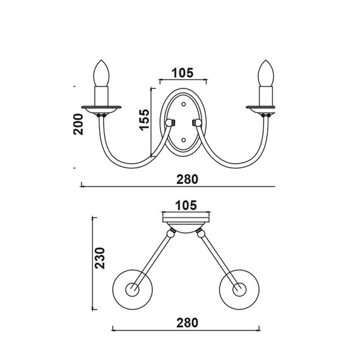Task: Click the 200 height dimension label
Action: (x=78, y=124)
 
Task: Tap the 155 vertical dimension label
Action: (x=145, y=120)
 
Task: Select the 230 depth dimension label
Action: (x=100, y=258)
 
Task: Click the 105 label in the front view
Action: (x=183, y=73)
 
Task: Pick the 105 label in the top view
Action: (x=186, y=205)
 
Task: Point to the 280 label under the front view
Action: (x=187, y=179)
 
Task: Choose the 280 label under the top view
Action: (x=187, y=323)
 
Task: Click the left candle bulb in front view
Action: (x=101, y=73)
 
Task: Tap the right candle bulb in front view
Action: (x=266, y=73)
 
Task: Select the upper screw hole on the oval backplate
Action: (x=183, y=104)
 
